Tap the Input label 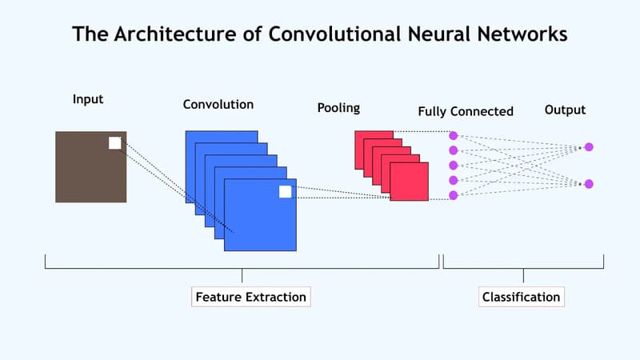coord(88,99)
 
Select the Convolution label coord(218,104)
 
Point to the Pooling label coord(338,107)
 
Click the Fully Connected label coord(465,111)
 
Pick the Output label coord(565,110)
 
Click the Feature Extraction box coord(250,297)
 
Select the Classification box coord(522,297)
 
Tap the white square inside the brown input coord(114,143)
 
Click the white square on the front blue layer coord(285,191)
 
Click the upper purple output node coord(589,146)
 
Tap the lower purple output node coord(589,184)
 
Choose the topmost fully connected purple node coord(453,135)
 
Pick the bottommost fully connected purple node coord(453,195)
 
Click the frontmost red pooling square coord(410,183)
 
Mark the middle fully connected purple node coord(453,166)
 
